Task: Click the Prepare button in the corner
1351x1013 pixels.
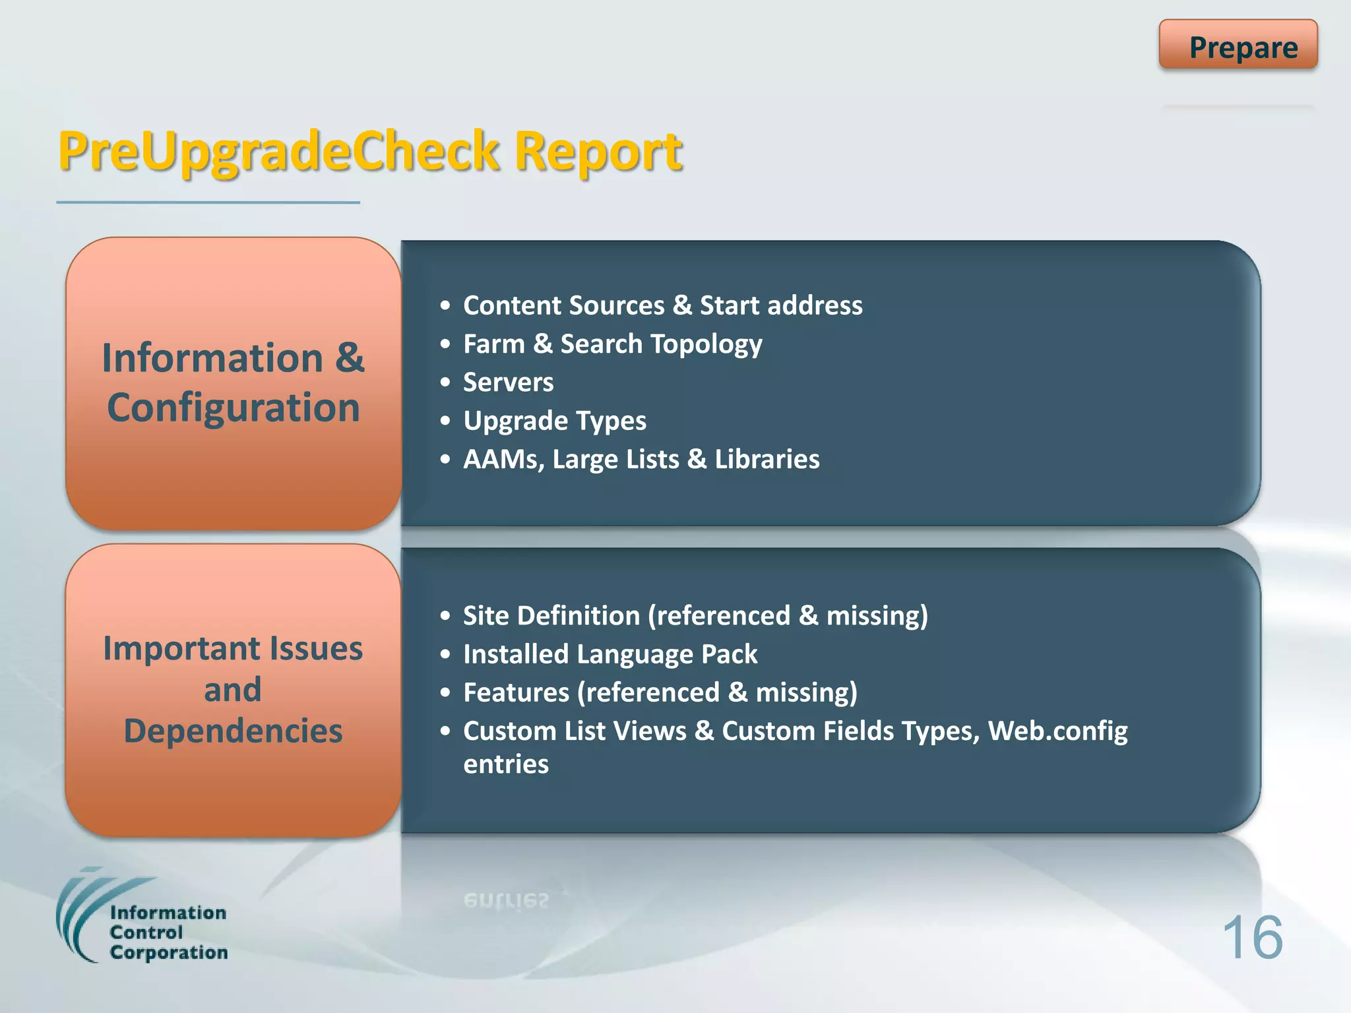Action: [1238, 46]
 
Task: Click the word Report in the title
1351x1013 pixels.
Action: [598, 152]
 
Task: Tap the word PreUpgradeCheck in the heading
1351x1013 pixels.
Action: [278, 152]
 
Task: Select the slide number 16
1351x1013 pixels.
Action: [1252, 938]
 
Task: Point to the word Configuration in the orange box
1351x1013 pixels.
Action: [234, 408]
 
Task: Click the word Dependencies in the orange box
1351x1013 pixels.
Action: [233, 731]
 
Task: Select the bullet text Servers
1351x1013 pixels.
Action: [508, 383]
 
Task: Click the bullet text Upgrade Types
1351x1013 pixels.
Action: [554, 421]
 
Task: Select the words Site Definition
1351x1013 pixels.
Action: [551, 616]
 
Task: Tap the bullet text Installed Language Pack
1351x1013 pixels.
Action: [610, 654]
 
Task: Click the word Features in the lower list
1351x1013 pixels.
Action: [516, 692]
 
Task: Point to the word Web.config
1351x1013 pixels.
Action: [1057, 731]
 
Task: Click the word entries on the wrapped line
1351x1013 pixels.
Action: [506, 764]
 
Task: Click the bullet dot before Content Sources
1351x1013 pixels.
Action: [446, 306]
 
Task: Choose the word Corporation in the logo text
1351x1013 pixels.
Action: [169, 952]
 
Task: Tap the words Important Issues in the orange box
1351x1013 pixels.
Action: [233, 648]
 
